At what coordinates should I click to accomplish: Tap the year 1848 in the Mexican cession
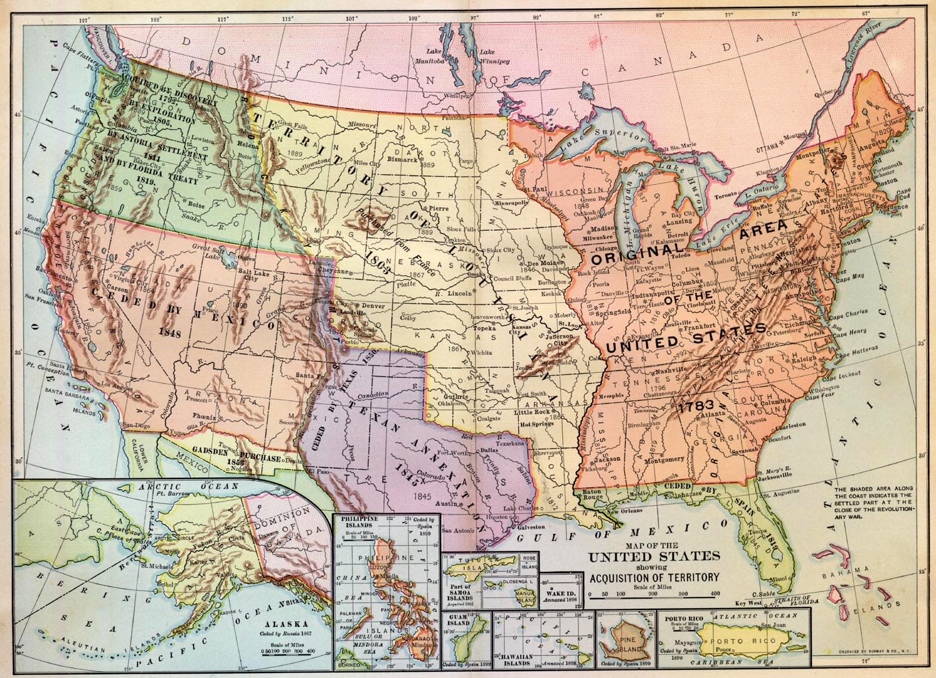pyautogui.click(x=169, y=333)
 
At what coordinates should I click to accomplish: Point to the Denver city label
pyautogui.click(x=373, y=306)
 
